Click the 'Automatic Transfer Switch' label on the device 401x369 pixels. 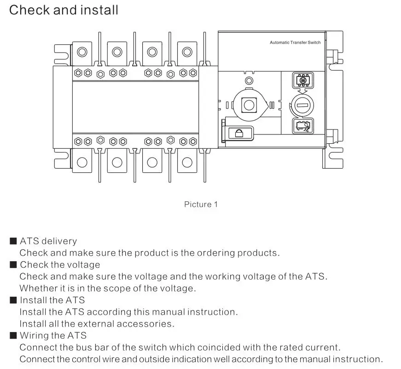(295, 42)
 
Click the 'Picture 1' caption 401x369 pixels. (201, 204)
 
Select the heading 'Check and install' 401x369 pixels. (64, 10)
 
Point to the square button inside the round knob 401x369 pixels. (249, 105)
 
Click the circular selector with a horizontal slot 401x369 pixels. (302, 105)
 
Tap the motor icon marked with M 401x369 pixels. (302, 81)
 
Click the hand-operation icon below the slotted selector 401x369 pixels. (302, 125)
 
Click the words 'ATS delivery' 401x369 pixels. (48, 241)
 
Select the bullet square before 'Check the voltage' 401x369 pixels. (13, 265)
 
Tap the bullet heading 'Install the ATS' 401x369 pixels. (52, 300)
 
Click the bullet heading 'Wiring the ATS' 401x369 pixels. (53, 335)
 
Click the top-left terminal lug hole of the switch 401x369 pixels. (82, 52)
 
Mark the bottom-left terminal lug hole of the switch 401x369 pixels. (82, 162)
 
